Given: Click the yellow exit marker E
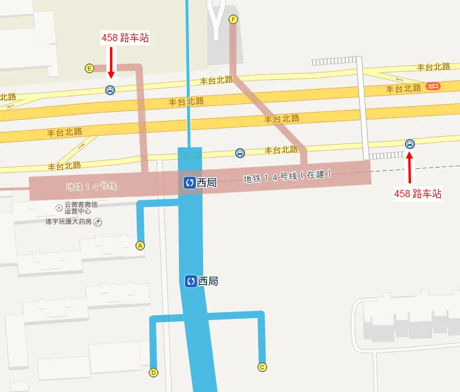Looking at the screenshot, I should [89, 68].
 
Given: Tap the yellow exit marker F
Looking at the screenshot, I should [233, 19].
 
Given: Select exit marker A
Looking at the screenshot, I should [140, 246].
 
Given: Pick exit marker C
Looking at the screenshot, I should [262, 367].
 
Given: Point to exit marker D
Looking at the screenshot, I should [154, 372].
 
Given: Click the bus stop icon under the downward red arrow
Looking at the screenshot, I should [110, 90].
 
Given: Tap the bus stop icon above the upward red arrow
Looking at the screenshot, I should [409, 144].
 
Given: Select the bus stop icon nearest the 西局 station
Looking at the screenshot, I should [240, 152].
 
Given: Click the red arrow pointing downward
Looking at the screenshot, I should [111, 62].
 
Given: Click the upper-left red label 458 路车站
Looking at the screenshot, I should [125, 38].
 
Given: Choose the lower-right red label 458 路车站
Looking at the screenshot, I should [418, 194].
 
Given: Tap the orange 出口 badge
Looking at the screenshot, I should [433, 87].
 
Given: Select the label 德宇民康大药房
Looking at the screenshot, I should [68, 222].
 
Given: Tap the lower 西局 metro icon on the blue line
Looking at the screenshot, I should [190, 281].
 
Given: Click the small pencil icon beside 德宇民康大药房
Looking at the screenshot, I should [97, 222].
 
